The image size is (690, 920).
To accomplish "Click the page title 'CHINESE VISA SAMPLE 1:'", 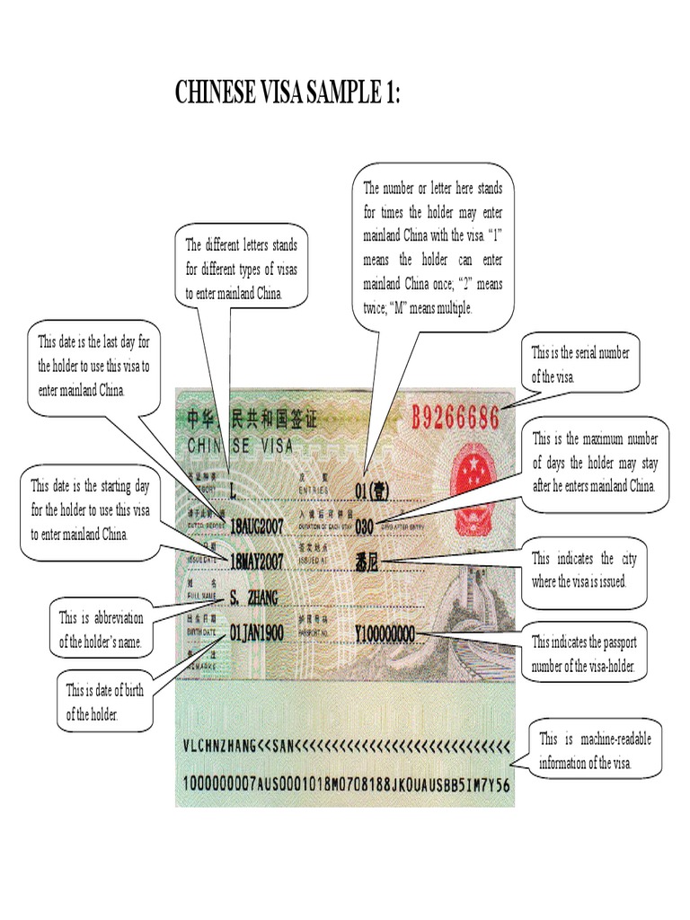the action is click(x=287, y=93).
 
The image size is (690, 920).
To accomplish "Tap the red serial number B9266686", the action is click(x=456, y=417).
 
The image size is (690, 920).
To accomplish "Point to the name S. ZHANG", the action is click(x=254, y=597).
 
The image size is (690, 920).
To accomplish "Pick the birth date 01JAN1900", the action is click(x=257, y=633).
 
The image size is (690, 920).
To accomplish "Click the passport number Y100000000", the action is click(x=385, y=634).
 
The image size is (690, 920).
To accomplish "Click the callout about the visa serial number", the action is click(x=579, y=365).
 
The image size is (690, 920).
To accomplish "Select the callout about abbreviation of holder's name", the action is click(x=101, y=630).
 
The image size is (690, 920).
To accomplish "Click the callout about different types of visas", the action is click(x=241, y=269).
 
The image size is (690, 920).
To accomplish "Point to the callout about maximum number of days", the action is click(x=594, y=463).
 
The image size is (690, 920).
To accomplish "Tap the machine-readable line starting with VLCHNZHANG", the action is click(x=346, y=745).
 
